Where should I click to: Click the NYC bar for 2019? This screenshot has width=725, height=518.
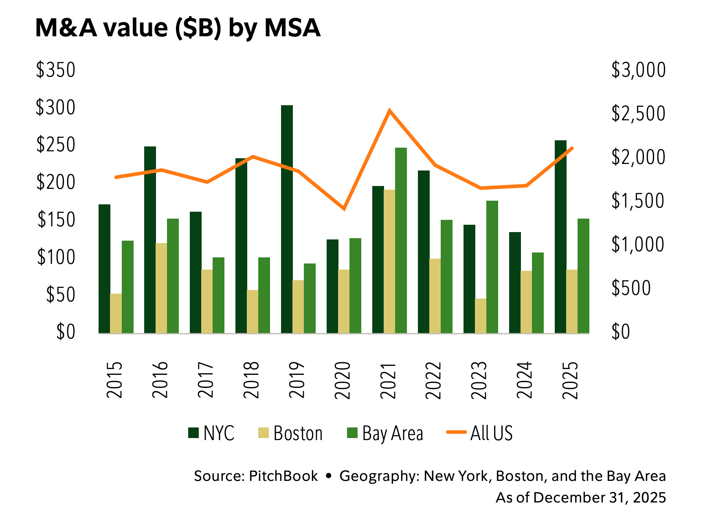pos(287,219)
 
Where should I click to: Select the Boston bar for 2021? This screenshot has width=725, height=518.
pos(389,261)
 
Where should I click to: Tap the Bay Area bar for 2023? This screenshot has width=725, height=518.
pos(492,267)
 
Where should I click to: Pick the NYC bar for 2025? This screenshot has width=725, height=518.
pos(560,237)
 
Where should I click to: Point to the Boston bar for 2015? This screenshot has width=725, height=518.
pos(116,314)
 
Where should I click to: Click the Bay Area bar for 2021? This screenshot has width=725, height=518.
pos(401,241)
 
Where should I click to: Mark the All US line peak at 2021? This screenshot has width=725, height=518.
pos(389,110)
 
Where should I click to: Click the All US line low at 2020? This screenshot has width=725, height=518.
pos(344,209)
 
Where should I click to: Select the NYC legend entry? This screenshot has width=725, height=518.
pos(211,433)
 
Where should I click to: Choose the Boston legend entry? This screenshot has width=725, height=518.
pos(290,433)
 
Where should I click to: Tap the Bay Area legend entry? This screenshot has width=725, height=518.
pos(385,434)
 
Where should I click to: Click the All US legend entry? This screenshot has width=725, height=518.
pos(479,433)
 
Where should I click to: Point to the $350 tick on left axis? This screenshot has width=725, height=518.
pos(56,70)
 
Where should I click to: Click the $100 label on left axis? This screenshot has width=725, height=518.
pos(56,257)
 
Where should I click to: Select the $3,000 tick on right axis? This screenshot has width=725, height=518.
pos(638,70)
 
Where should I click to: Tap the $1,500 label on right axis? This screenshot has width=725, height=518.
pos(638,201)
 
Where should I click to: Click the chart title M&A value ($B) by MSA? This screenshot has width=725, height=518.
pos(178,29)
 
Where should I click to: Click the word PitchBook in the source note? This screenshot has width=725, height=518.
pos(283,476)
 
